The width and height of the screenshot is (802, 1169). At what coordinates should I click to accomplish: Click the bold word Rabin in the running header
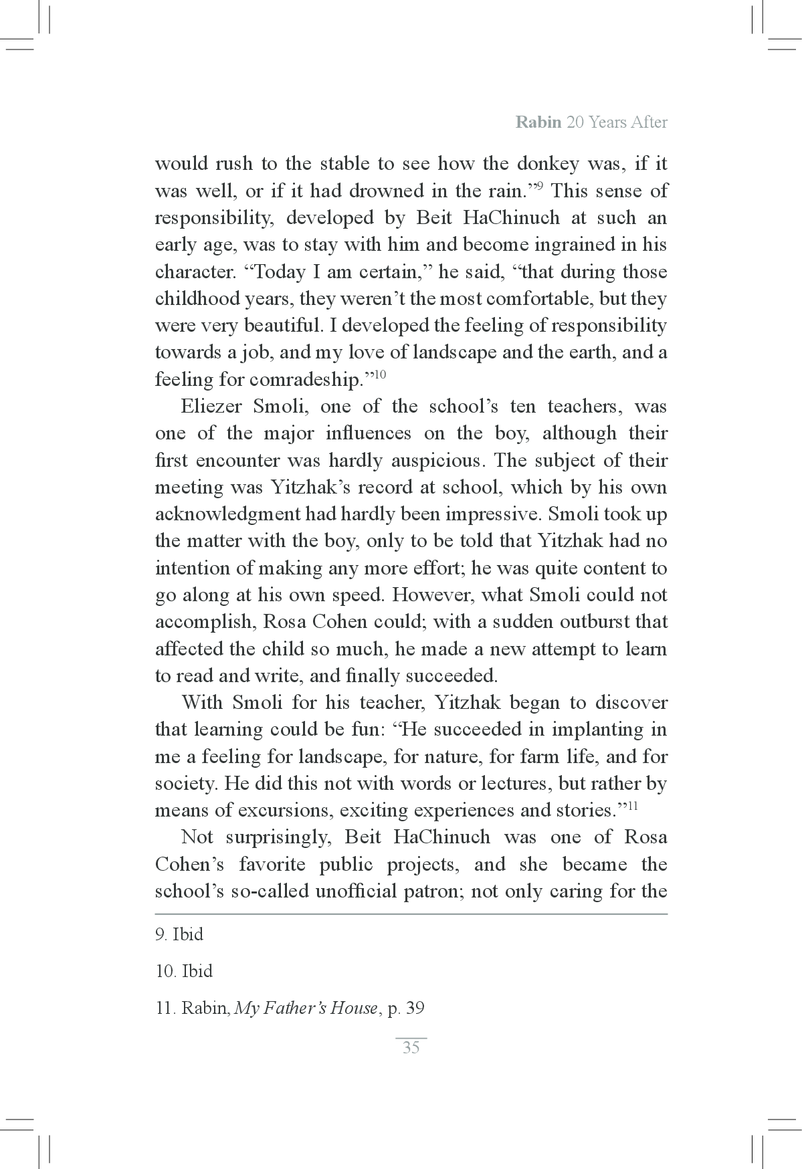click(x=538, y=122)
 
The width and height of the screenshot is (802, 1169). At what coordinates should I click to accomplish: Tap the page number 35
click(x=411, y=1047)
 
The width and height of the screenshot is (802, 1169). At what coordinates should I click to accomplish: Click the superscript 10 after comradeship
click(x=379, y=375)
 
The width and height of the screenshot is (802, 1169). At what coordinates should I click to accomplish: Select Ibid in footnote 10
click(x=197, y=971)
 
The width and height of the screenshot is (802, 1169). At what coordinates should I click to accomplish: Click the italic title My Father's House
click(x=306, y=1008)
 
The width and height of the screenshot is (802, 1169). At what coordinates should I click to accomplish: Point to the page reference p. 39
click(x=406, y=1008)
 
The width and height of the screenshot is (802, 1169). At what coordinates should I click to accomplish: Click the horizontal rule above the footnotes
click(x=411, y=914)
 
